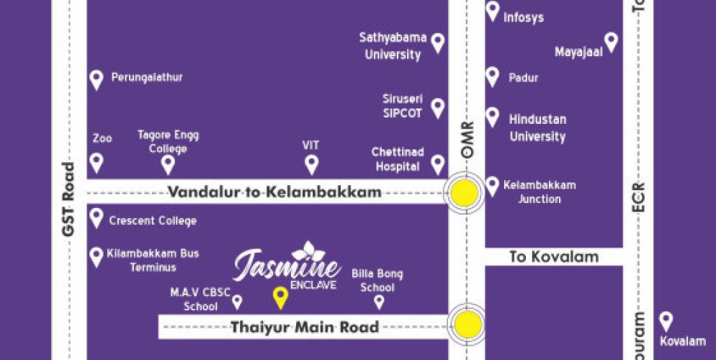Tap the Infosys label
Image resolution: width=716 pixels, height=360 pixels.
tap(524, 17)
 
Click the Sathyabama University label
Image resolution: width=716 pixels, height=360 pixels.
tap(393, 46)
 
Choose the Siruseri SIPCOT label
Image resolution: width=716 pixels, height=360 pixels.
tap(403, 107)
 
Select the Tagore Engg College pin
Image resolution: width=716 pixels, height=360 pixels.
tap(168, 164)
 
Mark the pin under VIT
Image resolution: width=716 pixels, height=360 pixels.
tap(311, 164)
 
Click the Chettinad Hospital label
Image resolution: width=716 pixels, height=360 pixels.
tap(397, 159)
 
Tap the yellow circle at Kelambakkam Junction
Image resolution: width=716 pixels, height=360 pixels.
tap(465, 193)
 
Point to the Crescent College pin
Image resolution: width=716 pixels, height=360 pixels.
tap(97, 217)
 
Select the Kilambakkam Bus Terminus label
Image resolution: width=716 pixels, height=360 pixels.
tap(152, 260)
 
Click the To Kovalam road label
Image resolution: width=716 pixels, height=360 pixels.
tap(544, 256)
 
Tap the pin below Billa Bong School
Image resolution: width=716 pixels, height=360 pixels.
tap(379, 302)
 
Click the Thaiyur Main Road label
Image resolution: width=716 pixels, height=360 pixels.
tap(304, 328)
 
